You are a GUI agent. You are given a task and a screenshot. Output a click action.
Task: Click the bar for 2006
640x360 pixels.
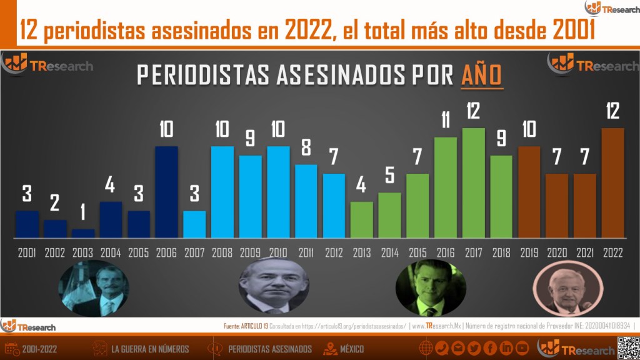coord(166,192)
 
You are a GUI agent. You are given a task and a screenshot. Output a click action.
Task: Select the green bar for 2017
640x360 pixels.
coord(473,182)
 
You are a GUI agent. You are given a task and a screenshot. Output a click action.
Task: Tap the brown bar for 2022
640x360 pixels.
coord(612,182)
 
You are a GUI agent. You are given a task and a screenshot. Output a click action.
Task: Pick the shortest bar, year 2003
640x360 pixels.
coord(82,233)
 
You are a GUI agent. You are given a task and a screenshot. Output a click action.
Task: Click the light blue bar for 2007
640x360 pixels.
coord(194,224)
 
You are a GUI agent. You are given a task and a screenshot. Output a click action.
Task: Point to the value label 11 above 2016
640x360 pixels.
coord(446,119)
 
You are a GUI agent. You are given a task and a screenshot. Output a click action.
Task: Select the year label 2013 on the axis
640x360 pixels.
coord(362,253)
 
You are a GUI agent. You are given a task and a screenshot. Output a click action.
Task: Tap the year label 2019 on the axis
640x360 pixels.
coord(529,253)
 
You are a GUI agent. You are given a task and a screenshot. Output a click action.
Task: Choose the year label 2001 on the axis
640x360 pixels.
coord(27,253)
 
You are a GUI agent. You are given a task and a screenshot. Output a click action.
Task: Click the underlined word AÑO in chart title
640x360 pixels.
coord(482,75)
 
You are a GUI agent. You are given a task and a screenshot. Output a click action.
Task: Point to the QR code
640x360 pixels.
coord(628,347)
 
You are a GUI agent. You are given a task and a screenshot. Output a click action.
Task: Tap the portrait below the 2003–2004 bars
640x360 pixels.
coord(94,289)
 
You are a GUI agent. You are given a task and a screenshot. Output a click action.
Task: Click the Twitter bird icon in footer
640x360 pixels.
coord(474,348)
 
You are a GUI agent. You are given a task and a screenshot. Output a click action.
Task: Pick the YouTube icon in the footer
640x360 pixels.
coord(522,348)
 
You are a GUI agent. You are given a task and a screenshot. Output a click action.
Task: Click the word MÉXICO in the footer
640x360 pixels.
coord(352,349)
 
